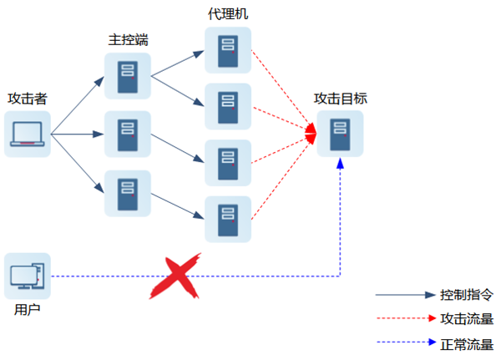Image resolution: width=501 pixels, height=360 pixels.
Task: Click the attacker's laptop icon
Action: [28, 134]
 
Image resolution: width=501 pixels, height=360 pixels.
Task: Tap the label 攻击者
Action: [27, 99]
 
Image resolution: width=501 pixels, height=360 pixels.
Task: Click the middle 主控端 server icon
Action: [127, 134]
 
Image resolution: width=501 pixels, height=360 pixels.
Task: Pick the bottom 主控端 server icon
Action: [127, 193]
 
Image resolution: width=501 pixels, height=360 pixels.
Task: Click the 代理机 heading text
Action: [227, 14]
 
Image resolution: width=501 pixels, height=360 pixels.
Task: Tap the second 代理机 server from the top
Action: [227, 106]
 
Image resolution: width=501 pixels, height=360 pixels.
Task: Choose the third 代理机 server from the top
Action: [227, 163]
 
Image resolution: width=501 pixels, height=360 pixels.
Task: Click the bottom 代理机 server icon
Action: [227, 219]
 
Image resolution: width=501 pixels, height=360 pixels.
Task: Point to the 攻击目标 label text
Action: [340, 99]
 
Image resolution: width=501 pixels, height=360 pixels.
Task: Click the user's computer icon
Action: [28, 276]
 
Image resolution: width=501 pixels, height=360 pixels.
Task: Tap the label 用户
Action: [27, 310]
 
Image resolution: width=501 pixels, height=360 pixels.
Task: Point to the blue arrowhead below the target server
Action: [340, 165]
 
